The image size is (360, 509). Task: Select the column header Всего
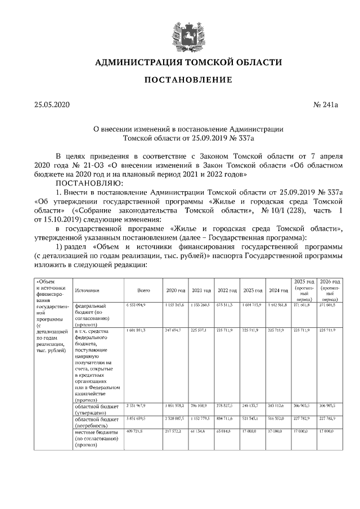(143, 290)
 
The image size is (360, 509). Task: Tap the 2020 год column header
(175, 290)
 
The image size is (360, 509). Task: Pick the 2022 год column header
(227, 290)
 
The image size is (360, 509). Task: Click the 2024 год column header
(278, 290)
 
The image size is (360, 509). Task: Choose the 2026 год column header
(330, 281)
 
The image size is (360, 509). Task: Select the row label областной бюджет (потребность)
(96, 422)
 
